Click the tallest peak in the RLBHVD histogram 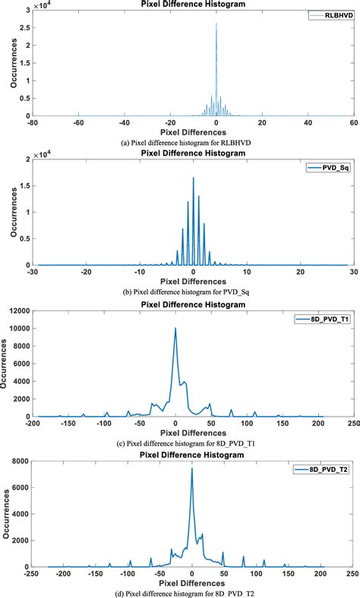[216, 24]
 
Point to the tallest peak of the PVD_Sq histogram [193, 178]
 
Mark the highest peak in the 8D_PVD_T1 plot [175, 329]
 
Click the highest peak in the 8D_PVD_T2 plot [191, 468]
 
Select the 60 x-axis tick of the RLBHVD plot [354, 122]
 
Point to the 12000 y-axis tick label [18, 311]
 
